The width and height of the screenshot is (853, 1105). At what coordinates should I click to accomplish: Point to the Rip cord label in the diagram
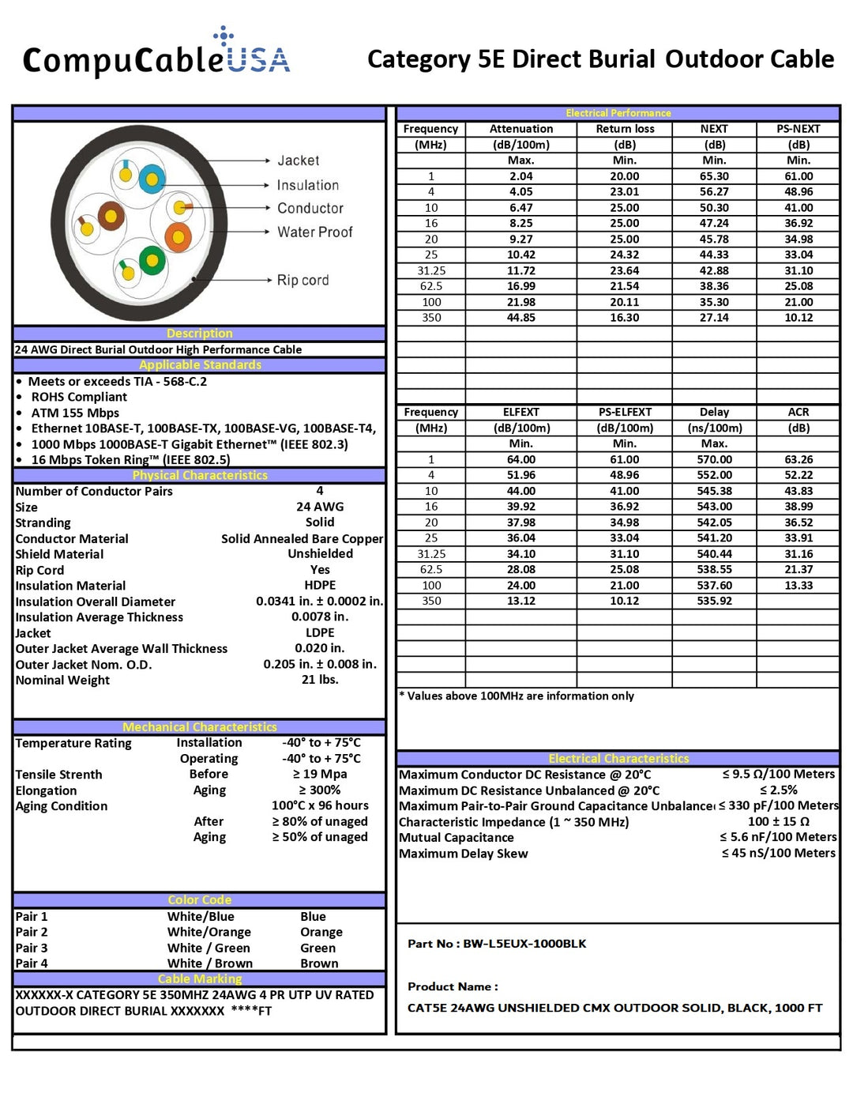302,280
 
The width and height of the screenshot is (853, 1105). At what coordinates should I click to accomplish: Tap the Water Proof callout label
314,232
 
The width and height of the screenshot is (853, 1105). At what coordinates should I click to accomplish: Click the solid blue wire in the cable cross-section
152,179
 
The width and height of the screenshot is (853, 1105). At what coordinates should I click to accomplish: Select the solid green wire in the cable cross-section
152,259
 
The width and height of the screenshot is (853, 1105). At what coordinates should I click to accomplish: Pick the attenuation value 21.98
520,302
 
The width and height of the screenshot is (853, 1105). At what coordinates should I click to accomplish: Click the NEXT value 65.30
714,176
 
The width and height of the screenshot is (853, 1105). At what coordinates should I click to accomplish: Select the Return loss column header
625,129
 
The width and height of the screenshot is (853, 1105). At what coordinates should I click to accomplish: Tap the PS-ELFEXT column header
625,412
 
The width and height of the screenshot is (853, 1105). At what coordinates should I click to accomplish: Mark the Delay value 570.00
714,459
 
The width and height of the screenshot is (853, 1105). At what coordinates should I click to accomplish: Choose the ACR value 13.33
798,585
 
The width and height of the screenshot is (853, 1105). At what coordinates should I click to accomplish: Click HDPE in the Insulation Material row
320,585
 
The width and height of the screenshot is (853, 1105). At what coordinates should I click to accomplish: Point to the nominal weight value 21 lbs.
320,680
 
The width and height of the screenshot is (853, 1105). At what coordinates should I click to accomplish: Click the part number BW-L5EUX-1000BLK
524,943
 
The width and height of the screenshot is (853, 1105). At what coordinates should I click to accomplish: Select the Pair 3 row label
32,948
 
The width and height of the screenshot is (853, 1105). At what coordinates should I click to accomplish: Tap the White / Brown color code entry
210,964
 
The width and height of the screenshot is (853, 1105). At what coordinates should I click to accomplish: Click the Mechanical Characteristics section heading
200,726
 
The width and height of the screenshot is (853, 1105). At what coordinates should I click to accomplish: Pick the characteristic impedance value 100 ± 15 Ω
778,821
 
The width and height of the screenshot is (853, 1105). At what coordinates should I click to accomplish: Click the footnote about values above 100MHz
517,696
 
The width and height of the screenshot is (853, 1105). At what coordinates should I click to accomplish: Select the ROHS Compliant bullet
79,397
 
